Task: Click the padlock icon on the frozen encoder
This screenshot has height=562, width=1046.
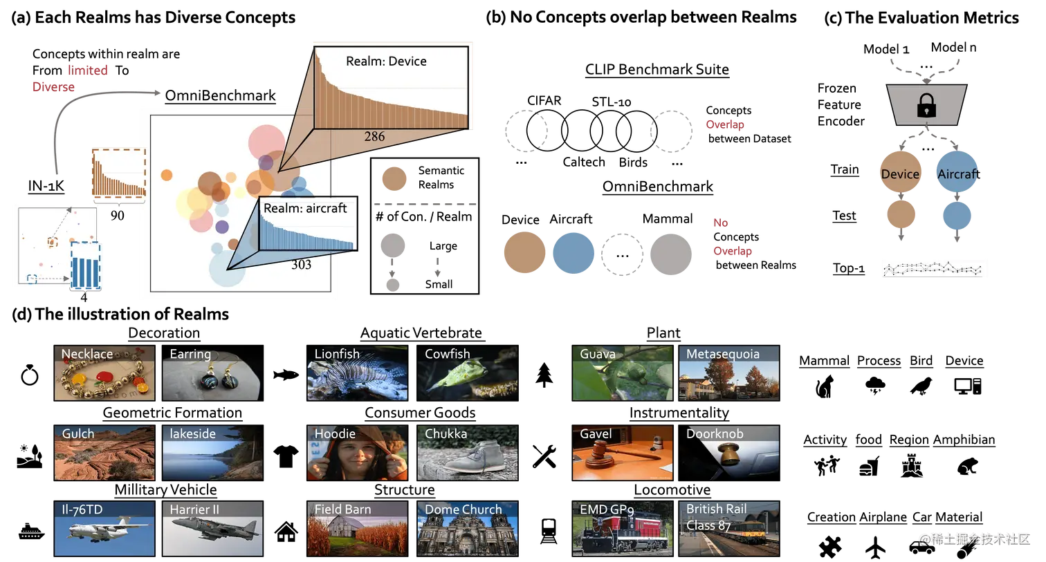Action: [x=926, y=105]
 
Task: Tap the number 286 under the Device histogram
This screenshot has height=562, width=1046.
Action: [x=374, y=137]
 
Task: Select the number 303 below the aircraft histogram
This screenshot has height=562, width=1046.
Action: [x=301, y=265]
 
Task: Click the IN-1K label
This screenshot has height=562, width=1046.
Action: [x=46, y=186]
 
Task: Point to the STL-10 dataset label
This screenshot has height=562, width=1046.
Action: [x=612, y=102]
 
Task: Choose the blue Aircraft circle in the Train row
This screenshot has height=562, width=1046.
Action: [x=957, y=171]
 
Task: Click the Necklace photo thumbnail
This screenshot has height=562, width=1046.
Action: [x=104, y=373]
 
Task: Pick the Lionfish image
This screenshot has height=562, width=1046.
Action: [x=357, y=373]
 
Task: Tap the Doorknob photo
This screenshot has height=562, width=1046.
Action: [x=729, y=453]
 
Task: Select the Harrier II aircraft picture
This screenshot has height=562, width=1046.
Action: [x=212, y=529]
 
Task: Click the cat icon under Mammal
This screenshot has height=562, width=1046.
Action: [x=824, y=386]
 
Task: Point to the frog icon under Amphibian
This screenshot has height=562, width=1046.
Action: [x=966, y=466]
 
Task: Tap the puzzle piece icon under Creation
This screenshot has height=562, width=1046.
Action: [x=829, y=547]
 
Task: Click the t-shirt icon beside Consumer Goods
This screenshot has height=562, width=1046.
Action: [x=286, y=456]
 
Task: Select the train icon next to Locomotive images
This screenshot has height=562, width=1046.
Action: [x=549, y=531]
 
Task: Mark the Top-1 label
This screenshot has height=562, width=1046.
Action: [x=849, y=268]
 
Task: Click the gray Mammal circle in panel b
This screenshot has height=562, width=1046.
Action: [x=671, y=254]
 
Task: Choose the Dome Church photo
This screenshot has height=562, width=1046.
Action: [x=468, y=529]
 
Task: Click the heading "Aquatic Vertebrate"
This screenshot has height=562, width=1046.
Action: [x=421, y=332]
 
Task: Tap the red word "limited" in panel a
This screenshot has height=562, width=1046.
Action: [x=88, y=70]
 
